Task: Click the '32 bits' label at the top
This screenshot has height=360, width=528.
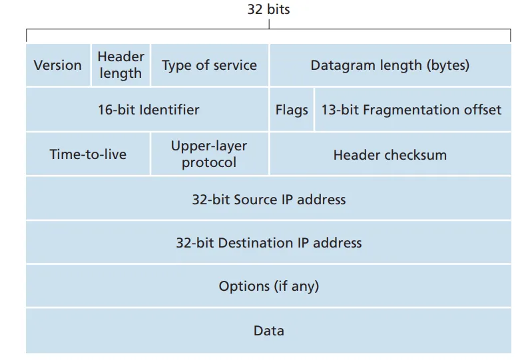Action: point(268,9)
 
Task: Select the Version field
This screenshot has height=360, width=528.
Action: point(58,65)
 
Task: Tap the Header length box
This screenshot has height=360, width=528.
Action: point(121,65)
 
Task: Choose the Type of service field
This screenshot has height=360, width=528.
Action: point(209,65)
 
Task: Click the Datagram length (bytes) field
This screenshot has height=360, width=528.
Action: point(390,65)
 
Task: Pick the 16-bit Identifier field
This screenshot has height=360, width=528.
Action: point(148,110)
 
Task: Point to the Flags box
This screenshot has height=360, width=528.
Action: point(292,110)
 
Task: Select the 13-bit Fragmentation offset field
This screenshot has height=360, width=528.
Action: point(411,110)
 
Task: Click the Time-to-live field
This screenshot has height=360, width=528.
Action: point(88,154)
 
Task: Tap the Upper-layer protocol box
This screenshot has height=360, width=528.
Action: point(209,154)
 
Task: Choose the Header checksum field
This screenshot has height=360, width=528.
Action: point(390,154)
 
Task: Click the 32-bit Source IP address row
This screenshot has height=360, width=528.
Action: point(268,199)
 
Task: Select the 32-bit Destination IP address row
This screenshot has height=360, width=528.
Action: point(268,242)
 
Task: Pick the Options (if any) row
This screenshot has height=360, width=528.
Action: point(268,286)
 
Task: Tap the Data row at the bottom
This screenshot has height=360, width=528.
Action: point(268,331)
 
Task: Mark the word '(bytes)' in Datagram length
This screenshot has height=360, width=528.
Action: point(448,65)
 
